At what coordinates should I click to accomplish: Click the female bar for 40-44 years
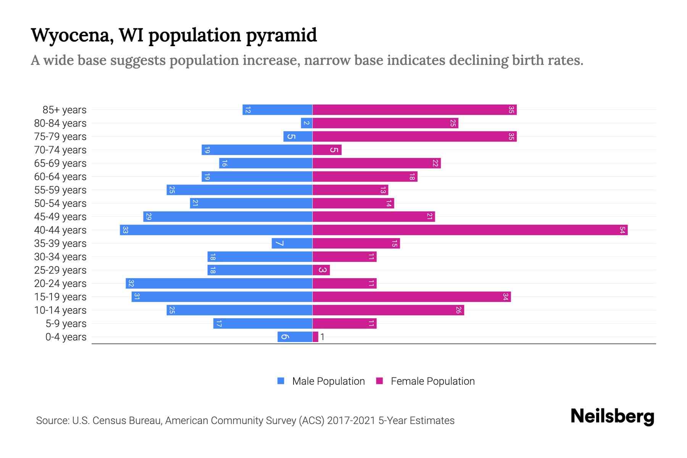click(x=470, y=230)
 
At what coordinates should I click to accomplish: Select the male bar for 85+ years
click(x=277, y=110)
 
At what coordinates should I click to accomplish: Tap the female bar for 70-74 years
click(x=327, y=150)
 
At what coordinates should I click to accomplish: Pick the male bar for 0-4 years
click(x=295, y=337)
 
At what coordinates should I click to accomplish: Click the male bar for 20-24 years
click(x=219, y=283)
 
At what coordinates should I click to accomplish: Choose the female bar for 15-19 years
click(x=411, y=297)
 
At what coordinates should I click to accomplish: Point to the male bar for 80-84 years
click(x=306, y=123)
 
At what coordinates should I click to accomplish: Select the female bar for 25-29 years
click(x=321, y=270)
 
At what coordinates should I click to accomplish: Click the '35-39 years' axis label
click(x=60, y=244)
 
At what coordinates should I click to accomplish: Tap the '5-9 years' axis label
click(x=66, y=324)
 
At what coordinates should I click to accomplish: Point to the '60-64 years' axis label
click(x=60, y=177)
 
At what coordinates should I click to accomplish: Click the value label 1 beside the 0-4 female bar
click(x=323, y=337)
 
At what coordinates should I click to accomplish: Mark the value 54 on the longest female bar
click(x=622, y=230)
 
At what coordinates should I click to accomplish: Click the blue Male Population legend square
click(x=281, y=381)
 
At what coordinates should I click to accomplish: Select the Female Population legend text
click(x=432, y=381)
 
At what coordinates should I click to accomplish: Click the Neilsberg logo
click(x=612, y=416)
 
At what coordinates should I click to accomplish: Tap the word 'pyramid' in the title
click(x=281, y=35)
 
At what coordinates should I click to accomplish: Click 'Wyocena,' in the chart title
click(x=72, y=35)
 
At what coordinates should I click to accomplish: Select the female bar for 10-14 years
click(x=388, y=310)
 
